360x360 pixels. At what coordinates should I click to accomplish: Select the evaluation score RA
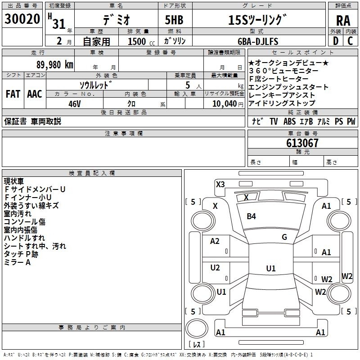tap(343, 20)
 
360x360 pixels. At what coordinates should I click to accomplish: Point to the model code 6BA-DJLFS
tap(256, 41)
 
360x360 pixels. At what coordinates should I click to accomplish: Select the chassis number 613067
tap(302, 143)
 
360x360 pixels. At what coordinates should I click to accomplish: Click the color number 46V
tap(74, 103)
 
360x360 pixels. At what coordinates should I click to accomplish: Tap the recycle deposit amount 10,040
tap(223, 103)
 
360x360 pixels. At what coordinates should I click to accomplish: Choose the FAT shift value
tap(13, 94)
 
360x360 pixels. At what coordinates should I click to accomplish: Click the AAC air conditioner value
tap(35, 94)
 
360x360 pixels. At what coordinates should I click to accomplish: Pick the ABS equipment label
tap(289, 121)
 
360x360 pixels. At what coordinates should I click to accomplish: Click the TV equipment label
tap(274, 121)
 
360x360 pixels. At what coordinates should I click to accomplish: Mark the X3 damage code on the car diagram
tap(220, 184)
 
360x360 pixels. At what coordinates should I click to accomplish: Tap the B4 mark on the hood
tap(251, 216)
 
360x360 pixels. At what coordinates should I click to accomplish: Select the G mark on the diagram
tap(284, 237)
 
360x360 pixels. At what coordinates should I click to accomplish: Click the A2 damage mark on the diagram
tap(215, 241)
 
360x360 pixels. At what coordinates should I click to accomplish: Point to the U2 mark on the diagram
tap(215, 268)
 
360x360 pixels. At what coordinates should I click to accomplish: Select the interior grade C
tap(350, 41)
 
